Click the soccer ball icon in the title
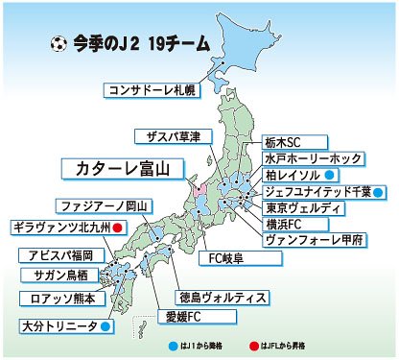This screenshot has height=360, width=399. click(58, 43)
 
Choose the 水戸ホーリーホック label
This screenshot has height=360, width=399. click(313, 157)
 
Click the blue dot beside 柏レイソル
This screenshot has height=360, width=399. click(328, 175)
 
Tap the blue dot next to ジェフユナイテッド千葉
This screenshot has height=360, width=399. click(378, 192)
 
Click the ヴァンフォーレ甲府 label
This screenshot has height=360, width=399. click(317, 241)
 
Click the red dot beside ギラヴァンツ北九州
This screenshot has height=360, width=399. click(117, 228)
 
